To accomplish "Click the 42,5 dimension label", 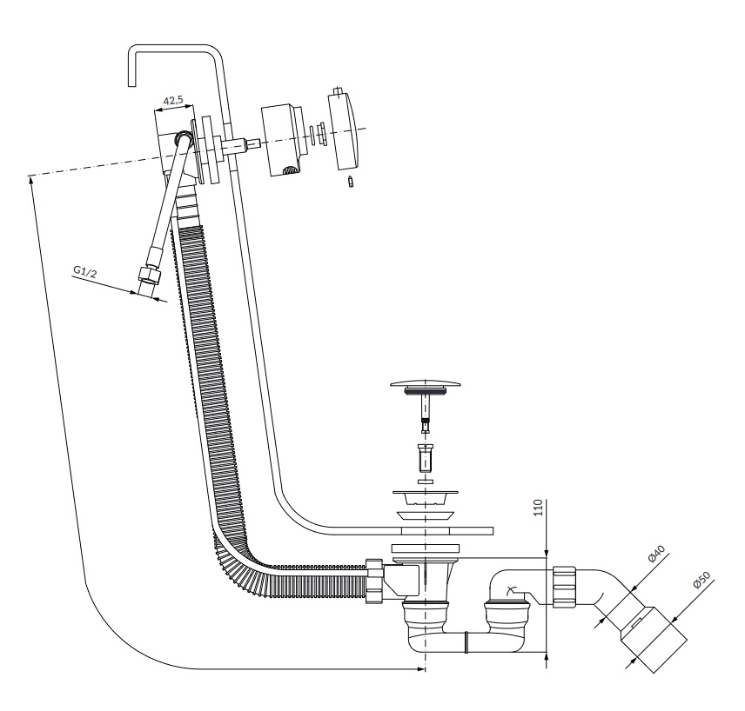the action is pyautogui.click(x=173, y=101).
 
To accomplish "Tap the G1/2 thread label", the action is pyautogui.click(x=84, y=271).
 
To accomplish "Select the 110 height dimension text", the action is pyautogui.click(x=539, y=508).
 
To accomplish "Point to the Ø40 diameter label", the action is pyautogui.click(x=656, y=554).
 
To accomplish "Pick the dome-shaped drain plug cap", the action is pyautogui.click(x=426, y=383).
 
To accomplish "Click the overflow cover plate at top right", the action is pyautogui.click(x=346, y=130).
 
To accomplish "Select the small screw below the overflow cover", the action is pyautogui.click(x=351, y=182).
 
